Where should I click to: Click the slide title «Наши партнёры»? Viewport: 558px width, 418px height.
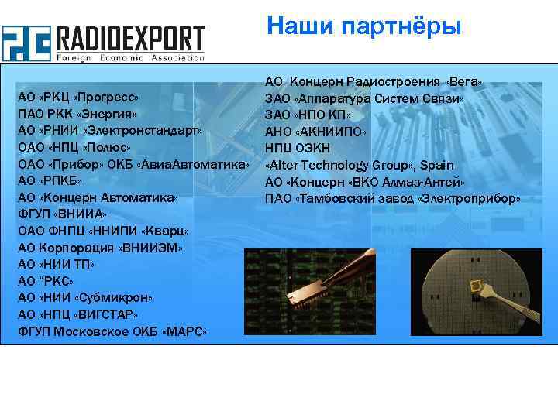pos(363,26)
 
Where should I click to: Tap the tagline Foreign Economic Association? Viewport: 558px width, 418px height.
pos(130,57)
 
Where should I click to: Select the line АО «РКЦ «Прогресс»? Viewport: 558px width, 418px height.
pos(77,98)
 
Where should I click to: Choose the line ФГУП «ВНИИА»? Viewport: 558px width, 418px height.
pos(62,214)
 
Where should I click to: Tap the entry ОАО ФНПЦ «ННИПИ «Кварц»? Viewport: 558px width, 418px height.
pos(103,231)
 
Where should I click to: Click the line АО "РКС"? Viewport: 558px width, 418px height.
pos(46,281)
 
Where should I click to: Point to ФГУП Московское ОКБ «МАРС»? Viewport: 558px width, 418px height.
pos(112,331)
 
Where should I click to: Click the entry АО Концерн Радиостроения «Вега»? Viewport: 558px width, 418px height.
pos(374,82)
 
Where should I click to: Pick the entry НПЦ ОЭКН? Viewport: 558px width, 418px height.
pos(298,149)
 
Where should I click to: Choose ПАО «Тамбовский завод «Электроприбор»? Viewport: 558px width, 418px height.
pos(392,198)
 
